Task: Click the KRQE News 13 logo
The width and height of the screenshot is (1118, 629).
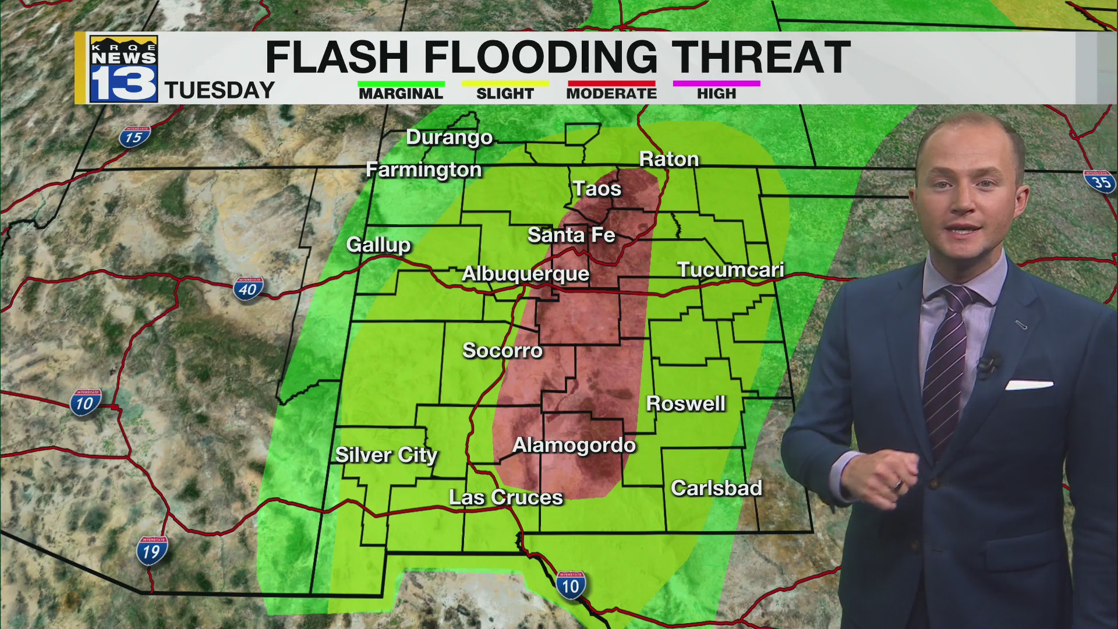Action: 123,69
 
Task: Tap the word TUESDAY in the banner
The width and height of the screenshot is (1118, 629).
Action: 220,90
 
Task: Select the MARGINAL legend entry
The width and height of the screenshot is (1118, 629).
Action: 401,93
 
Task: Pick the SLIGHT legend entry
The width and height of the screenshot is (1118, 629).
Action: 505,93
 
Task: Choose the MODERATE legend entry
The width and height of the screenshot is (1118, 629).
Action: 611,93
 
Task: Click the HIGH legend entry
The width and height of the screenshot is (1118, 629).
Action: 716,93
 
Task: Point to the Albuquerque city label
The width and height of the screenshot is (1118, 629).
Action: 525,274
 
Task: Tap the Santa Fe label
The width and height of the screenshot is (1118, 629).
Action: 571,235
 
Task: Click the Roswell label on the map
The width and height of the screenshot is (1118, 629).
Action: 685,404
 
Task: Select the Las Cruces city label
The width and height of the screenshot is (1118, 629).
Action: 505,497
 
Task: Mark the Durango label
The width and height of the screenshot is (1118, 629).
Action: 449,137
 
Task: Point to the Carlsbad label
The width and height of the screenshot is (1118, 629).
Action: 716,488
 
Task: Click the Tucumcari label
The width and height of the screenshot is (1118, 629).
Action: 730,270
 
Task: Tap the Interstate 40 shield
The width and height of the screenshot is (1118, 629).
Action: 248,289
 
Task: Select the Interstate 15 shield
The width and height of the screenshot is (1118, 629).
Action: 135,137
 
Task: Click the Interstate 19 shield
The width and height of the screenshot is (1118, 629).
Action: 151,551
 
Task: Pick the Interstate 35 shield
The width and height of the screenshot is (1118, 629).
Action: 1099,182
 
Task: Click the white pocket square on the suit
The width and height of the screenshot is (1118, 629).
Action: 1029,385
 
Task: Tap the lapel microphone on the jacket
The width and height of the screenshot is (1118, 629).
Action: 988,365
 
